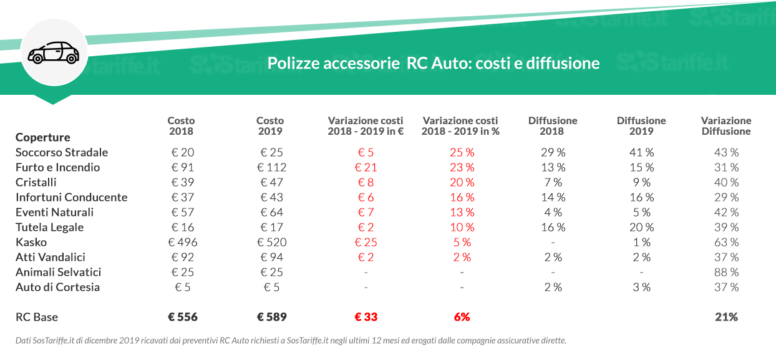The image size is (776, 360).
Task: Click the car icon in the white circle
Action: tap(54, 53)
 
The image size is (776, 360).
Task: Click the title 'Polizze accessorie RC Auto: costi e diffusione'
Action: tap(434, 63)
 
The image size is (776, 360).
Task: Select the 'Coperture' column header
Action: tap(43, 137)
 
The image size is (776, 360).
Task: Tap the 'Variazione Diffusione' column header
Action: tap(726, 126)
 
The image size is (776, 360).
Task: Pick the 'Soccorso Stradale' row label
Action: tap(62, 152)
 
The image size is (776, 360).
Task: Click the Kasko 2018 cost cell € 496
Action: tap(181, 242)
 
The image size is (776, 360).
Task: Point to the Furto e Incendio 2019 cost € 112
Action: tap(271, 167)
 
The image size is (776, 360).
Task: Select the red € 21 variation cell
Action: tap(366, 167)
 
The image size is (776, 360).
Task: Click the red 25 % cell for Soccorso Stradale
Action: tap(462, 152)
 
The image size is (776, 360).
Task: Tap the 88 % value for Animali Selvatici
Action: tap(726, 272)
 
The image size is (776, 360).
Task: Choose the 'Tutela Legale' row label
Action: tap(49, 227)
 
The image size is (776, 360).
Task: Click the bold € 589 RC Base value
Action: tap(271, 317)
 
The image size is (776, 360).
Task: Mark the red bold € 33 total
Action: tap(366, 317)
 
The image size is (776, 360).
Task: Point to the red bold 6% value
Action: tap(462, 317)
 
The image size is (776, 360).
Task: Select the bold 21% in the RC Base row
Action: tap(726, 317)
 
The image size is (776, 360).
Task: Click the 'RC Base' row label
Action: tap(37, 317)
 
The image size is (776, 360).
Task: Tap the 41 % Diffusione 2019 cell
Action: tap(641, 152)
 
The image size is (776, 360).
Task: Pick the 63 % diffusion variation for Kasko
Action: tap(726, 242)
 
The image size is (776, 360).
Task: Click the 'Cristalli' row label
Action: tap(36, 182)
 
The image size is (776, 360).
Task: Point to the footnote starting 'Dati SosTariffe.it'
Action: tap(291, 341)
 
